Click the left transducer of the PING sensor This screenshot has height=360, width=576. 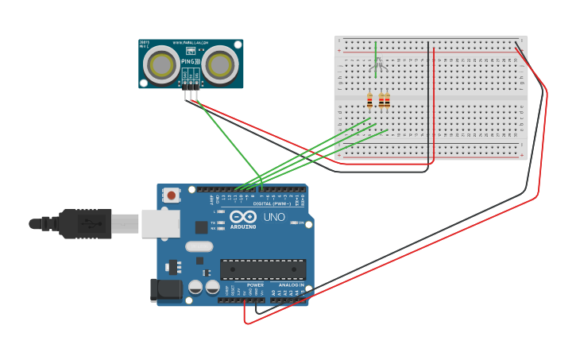(164, 64)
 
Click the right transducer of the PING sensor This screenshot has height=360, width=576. (219, 64)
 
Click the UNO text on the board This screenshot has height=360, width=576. (273, 217)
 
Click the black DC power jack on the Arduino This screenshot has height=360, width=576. (166, 290)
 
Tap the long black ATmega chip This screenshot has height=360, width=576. (262, 269)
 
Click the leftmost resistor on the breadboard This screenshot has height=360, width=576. (369, 100)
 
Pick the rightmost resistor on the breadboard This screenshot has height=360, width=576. (387, 100)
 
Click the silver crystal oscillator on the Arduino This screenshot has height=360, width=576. (199, 246)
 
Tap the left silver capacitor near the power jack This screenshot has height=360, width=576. (195, 287)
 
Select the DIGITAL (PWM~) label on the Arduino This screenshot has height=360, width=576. (271, 203)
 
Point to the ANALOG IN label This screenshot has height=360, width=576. (289, 285)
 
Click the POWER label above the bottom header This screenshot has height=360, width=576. (255, 285)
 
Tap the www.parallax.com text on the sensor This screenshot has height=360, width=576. (191, 43)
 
